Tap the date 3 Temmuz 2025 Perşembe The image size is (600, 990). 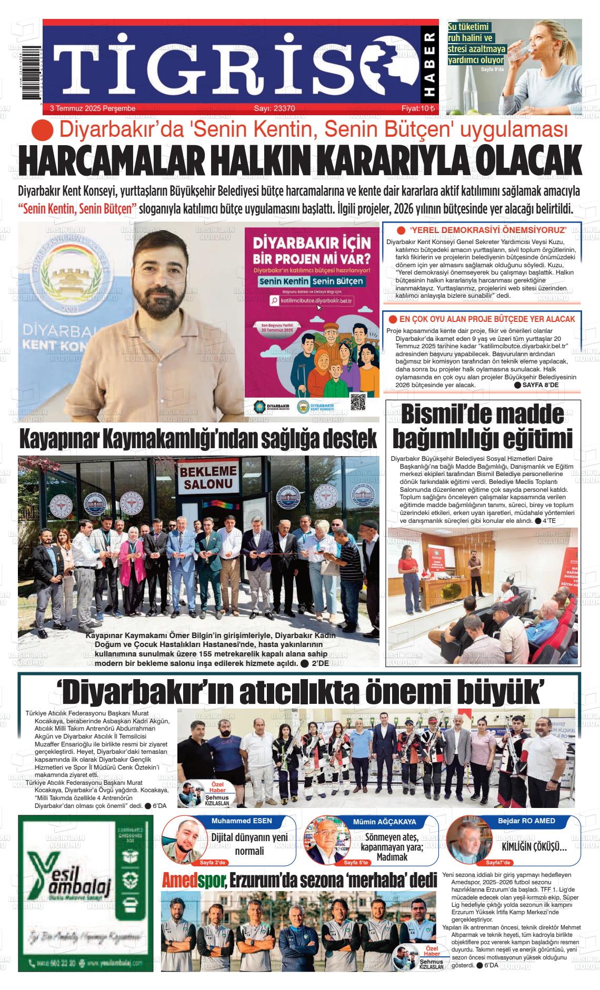93,108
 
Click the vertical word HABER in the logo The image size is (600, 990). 429,65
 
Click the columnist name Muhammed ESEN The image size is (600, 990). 242,821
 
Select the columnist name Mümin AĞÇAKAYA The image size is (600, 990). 384,822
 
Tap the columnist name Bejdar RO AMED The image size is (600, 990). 526,821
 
